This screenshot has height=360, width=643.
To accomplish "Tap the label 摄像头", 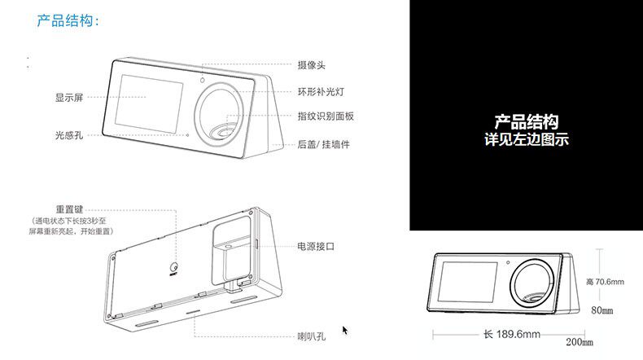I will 312,64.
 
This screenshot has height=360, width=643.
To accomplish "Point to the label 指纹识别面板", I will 326,116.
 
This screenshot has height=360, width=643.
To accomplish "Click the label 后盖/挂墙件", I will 323,144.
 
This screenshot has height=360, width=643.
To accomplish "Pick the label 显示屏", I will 69,98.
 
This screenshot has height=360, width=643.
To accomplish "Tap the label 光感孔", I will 69,134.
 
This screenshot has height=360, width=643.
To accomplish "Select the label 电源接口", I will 316,245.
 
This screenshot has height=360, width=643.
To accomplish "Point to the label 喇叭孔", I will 311,335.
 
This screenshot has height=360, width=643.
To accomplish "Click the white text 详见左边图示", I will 526,140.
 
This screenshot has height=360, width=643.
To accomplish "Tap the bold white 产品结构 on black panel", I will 526,123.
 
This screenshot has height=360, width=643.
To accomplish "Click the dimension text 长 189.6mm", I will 512,334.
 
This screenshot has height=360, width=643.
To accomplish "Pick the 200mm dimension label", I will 580,340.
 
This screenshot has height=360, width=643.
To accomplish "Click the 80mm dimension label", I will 601,310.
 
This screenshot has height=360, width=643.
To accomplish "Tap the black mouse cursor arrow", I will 345,330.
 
